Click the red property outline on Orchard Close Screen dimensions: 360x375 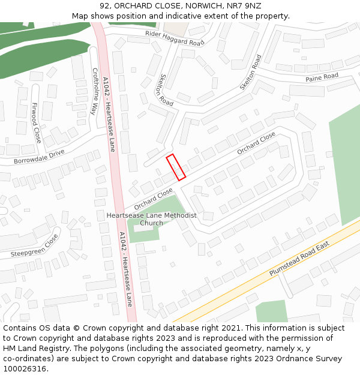176,167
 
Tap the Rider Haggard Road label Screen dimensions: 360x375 175,38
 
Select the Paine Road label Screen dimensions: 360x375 322,77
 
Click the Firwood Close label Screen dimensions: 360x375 37,122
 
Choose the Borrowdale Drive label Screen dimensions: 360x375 39,157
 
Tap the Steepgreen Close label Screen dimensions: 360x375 34,246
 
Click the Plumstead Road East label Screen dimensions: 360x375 299,260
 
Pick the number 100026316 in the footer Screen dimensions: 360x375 25,368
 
